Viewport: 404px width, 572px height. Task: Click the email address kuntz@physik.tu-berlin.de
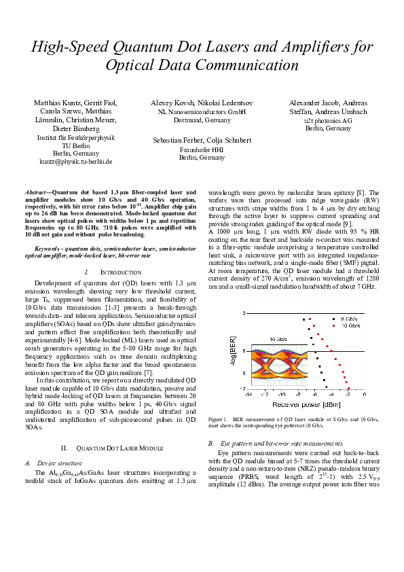coord(74,162)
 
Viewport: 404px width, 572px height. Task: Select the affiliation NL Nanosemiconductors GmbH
coord(202,111)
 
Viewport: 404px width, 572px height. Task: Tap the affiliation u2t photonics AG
coord(328,120)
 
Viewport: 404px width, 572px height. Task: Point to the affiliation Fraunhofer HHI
coord(202,149)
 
